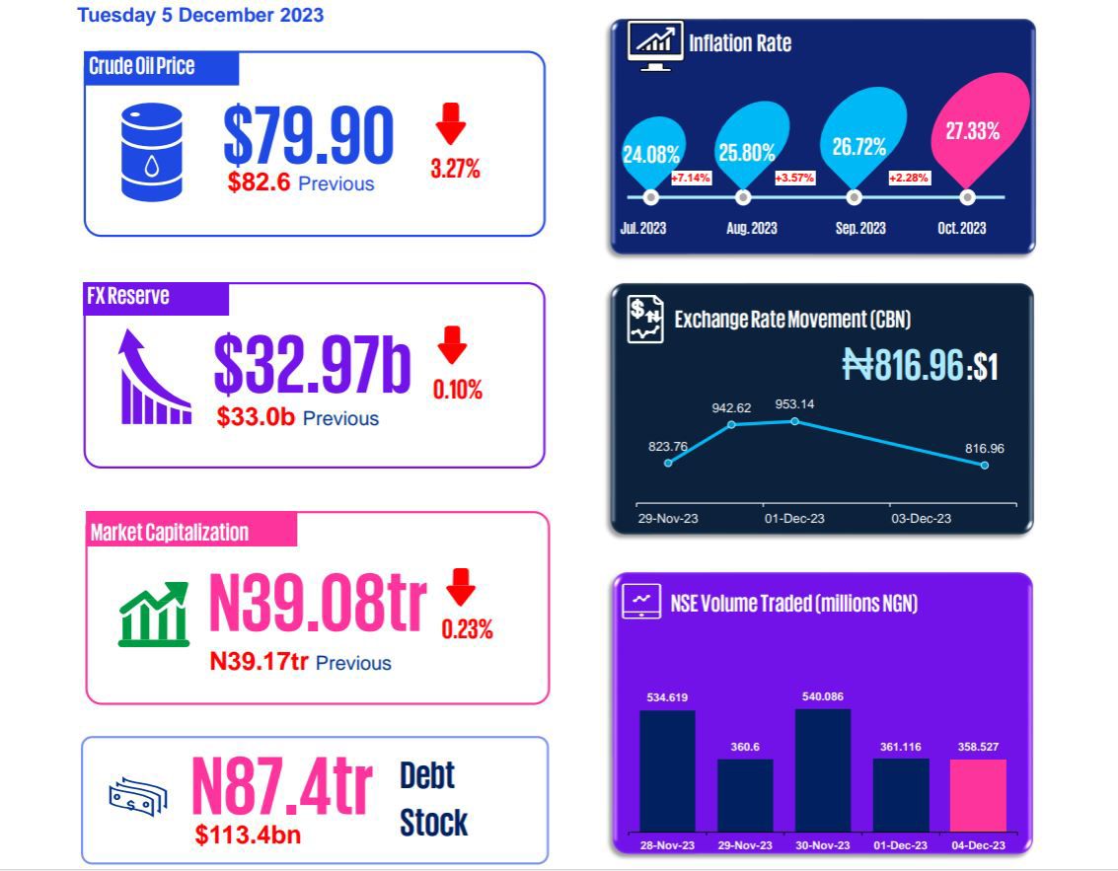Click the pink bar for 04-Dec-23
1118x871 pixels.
click(978, 794)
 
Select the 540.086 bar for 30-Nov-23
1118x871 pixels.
click(822, 769)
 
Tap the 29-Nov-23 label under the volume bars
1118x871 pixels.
click(745, 845)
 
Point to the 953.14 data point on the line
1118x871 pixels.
click(795, 421)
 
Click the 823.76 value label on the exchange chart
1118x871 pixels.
click(668, 447)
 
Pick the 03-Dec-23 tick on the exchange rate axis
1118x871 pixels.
click(923, 518)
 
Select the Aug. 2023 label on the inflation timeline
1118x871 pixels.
click(751, 228)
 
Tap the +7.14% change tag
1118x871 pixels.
click(690, 178)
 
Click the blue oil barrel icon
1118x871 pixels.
click(151, 152)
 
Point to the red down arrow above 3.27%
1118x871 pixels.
click(451, 126)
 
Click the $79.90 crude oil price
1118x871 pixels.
click(308, 135)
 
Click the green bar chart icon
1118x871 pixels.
click(153, 614)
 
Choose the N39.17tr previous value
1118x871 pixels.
click(260, 662)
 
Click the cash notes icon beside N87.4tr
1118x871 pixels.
click(137, 796)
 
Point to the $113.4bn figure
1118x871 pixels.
click(248, 835)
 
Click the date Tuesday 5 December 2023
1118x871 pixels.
click(200, 15)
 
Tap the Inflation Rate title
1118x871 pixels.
click(739, 42)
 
